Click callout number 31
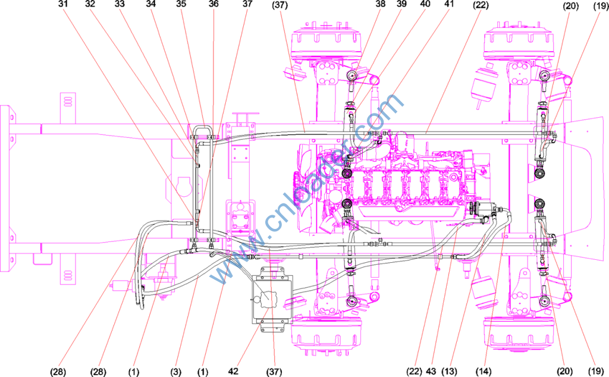[x=63, y=4]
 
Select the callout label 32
[x=90, y=4]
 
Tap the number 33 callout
[x=120, y=4]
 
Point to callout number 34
[x=151, y=4]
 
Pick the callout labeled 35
[x=181, y=4]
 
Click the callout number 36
[x=214, y=4]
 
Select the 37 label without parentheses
[x=247, y=4]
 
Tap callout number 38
[x=381, y=4]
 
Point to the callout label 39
[x=401, y=4]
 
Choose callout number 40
[x=425, y=4]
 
